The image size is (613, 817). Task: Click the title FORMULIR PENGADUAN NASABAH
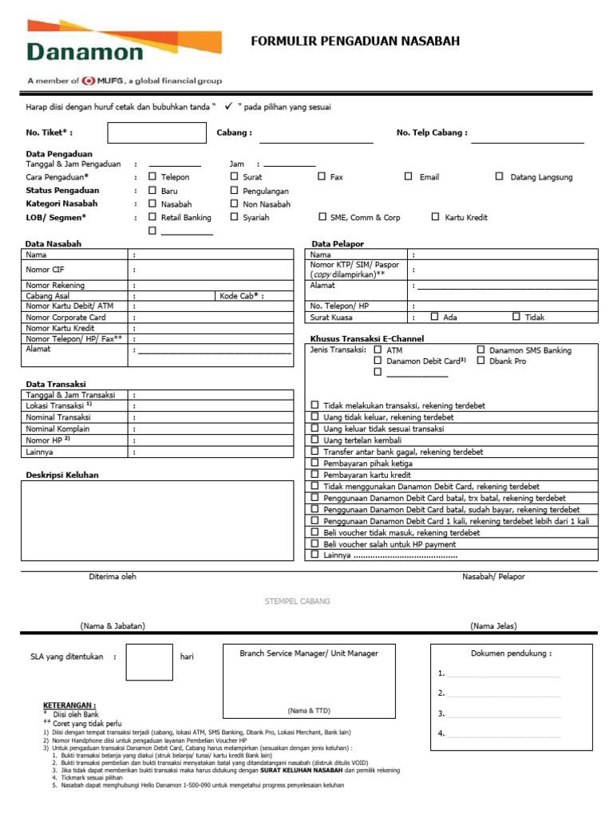point(355,41)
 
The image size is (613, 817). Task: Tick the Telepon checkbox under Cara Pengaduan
point(152,176)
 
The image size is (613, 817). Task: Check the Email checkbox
point(408,176)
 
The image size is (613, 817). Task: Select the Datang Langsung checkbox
point(500,176)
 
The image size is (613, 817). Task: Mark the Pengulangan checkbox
point(235,191)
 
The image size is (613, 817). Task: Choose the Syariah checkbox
point(235,216)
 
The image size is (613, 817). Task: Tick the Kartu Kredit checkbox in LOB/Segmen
point(436,216)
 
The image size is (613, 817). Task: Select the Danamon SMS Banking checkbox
point(481,349)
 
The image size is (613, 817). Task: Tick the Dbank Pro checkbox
point(481,361)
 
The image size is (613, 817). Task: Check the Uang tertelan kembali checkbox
point(315,440)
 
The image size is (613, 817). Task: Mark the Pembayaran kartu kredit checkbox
point(315,474)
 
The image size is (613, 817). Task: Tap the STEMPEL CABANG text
point(297,601)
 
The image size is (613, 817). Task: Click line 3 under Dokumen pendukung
point(503,714)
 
